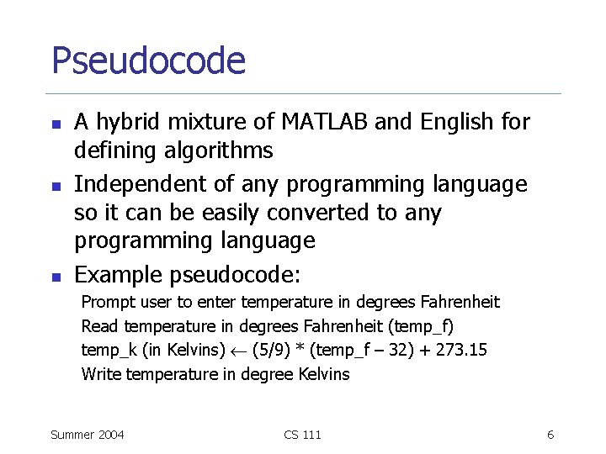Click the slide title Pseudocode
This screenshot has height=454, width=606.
click(148, 61)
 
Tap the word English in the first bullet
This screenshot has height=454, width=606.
click(453, 123)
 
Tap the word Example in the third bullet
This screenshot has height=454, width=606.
click(119, 274)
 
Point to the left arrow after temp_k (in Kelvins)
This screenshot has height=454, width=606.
click(238, 351)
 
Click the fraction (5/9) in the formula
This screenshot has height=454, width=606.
click(273, 350)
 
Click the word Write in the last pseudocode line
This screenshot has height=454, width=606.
click(101, 374)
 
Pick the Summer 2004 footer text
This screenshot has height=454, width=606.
click(88, 435)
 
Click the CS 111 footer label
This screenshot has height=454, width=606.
click(303, 435)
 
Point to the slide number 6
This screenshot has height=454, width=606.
click(550, 435)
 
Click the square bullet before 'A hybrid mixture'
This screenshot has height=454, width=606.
click(56, 124)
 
